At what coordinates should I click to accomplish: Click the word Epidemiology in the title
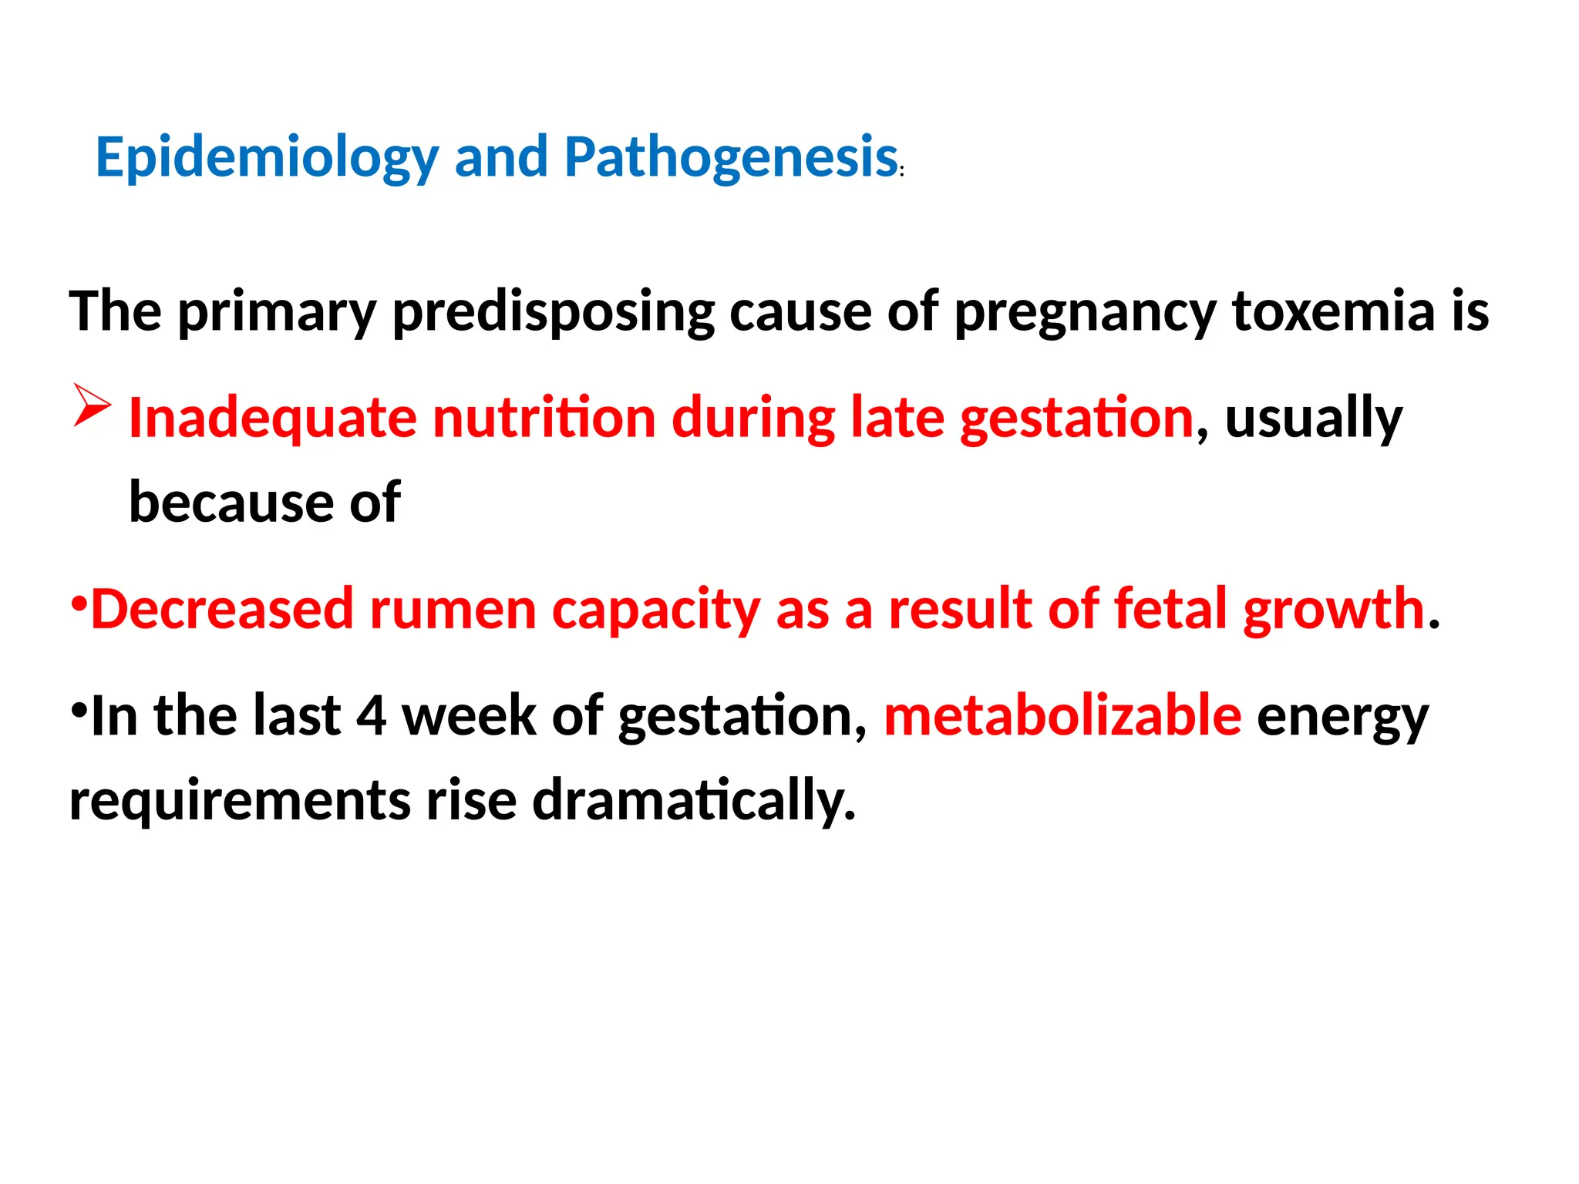point(267,158)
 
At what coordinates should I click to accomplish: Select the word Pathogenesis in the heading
point(731,158)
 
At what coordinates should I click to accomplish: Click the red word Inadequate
point(271,418)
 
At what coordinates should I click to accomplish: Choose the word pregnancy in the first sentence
point(1085,313)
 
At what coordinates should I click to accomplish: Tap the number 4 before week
point(371,717)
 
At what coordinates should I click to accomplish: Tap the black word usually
point(1314,419)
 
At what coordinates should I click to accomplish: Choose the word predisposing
point(554,313)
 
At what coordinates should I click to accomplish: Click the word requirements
point(240,802)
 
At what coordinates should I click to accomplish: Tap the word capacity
point(656,611)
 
